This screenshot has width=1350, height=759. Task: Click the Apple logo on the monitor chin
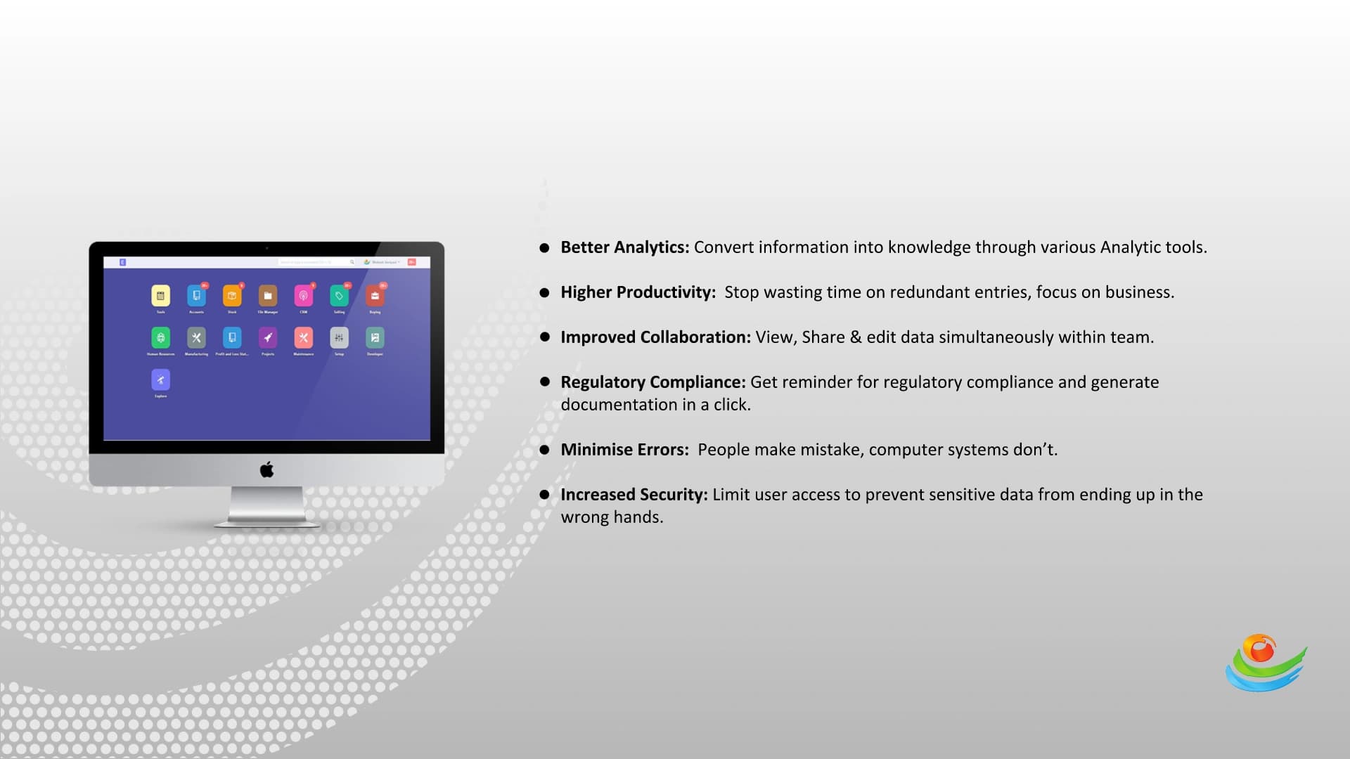[x=266, y=470]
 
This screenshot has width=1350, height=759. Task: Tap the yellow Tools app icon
[x=160, y=296]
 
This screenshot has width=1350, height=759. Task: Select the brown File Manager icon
[x=267, y=296]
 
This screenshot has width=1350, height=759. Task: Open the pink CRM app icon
[x=303, y=296]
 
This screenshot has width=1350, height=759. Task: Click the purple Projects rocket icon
[x=267, y=338]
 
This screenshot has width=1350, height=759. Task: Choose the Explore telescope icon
[x=160, y=380]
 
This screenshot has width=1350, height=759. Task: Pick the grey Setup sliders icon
[x=339, y=338]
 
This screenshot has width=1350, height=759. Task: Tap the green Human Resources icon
[x=160, y=338]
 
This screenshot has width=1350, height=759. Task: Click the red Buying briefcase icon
[x=375, y=296]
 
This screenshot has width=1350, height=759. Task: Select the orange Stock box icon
[x=232, y=296]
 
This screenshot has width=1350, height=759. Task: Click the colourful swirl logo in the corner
[x=1265, y=663]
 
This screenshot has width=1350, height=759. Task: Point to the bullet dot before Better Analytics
[x=544, y=248]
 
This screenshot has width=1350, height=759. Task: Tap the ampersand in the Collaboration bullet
[x=855, y=337]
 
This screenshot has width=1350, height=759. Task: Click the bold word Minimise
[x=589, y=450]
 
